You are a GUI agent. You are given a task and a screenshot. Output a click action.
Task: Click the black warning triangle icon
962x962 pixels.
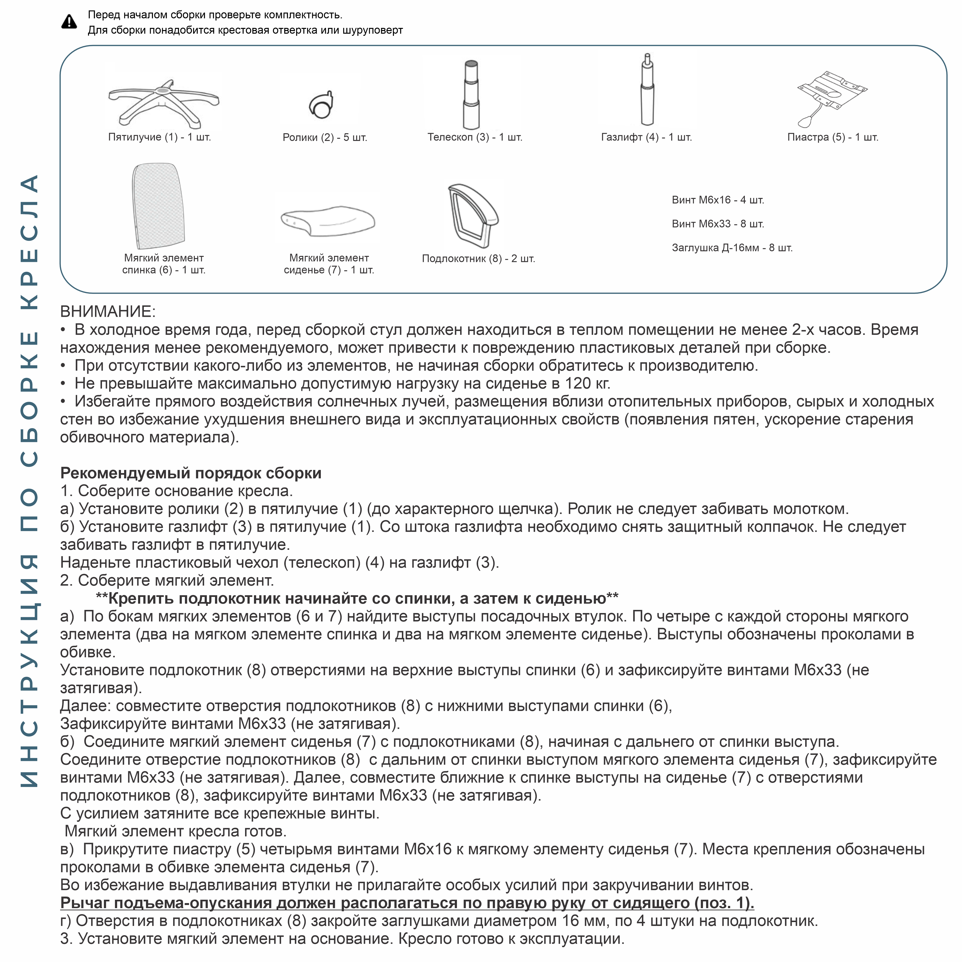(x=69, y=22)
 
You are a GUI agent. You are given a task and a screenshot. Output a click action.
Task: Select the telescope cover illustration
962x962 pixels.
(x=471, y=95)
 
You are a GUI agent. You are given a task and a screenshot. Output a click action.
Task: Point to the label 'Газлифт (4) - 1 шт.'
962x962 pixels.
(x=646, y=137)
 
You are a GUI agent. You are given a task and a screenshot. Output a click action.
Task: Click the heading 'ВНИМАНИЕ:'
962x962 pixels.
(x=108, y=312)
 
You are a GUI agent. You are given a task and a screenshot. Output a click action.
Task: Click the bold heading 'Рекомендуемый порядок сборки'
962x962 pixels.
(x=191, y=473)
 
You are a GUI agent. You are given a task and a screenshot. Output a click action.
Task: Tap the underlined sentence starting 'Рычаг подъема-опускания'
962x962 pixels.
(x=407, y=903)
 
